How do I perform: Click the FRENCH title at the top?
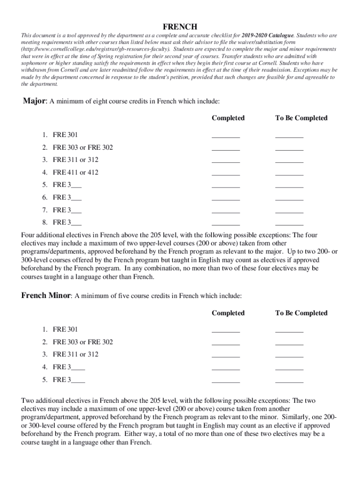[180, 27]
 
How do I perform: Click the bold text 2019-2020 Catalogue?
[267, 36]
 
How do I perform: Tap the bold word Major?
[34, 102]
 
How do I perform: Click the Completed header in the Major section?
[228, 118]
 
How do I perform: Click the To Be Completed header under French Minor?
[301, 313]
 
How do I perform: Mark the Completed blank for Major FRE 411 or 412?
[226, 174]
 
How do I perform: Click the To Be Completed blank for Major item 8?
[289, 224]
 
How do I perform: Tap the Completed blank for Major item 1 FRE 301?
[226, 136]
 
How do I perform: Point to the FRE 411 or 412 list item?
[75, 172]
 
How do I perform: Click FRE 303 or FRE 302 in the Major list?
[82, 147]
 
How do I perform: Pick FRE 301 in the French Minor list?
[65, 329]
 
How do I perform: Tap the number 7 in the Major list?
[44, 210]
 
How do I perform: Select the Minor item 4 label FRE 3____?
[69, 367]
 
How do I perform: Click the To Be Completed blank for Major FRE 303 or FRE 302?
[289, 149]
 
